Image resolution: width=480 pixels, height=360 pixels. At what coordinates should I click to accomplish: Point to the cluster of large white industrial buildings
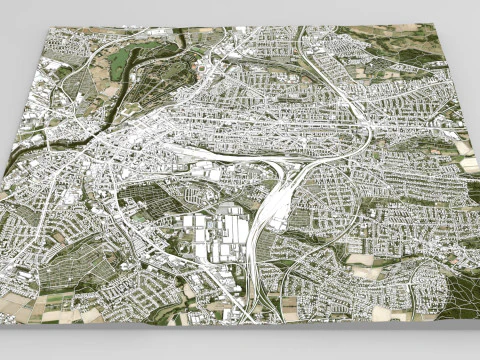(x=215, y=236)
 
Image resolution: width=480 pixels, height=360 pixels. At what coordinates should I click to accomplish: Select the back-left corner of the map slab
(x=50, y=27)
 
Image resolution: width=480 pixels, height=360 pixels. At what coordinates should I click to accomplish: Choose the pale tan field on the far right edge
(x=466, y=150)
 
